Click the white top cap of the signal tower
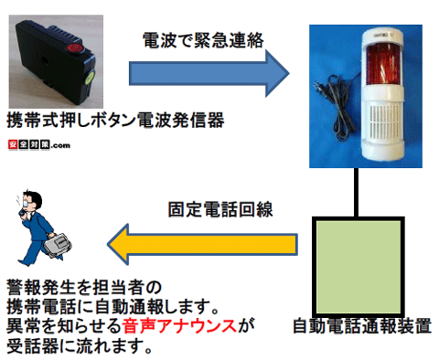376,34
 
